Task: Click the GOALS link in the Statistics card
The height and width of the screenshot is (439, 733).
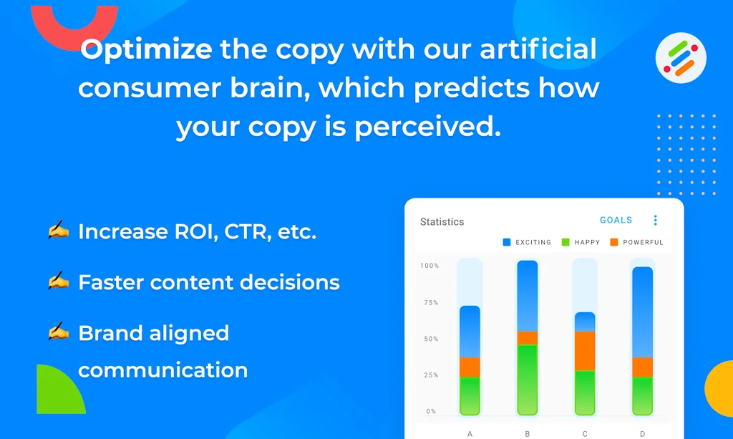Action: click(616, 220)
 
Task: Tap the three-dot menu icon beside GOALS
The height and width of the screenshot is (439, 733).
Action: click(656, 220)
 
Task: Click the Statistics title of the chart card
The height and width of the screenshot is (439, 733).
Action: click(442, 221)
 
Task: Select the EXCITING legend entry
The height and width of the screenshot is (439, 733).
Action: click(527, 242)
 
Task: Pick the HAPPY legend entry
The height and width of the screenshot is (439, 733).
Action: click(581, 242)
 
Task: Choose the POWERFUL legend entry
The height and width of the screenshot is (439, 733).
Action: click(636, 242)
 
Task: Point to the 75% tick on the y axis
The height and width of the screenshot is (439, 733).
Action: click(431, 302)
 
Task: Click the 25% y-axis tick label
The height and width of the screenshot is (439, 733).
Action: click(431, 375)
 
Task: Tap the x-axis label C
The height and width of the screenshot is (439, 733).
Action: click(585, 434)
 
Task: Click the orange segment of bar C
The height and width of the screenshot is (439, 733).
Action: click(585, 351)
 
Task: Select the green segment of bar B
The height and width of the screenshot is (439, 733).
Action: click(528, 380)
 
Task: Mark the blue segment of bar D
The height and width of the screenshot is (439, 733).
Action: click(642, 312)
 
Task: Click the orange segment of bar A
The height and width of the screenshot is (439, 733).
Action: click(470, 367)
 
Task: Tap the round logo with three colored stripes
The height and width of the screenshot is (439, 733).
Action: click(681, 58)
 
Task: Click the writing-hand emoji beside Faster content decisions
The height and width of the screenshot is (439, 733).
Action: click(58, 281)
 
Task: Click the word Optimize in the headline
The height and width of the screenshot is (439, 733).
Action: click(146, 50)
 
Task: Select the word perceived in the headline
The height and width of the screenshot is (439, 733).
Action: click(428, 127)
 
